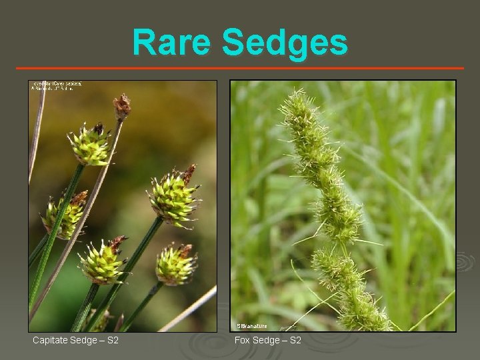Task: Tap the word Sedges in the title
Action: (x=285, y=42)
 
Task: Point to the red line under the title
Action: (x=240, y=68)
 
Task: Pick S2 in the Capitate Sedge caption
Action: (x=113, y=341)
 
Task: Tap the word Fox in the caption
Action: (x=242, y=341)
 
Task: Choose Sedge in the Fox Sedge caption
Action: (x=266, y=341)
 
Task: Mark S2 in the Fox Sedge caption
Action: (x=295, y=341)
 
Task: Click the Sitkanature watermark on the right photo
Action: (x=252, y=326)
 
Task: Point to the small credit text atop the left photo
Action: (x=56, y=86)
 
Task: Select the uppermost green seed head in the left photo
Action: (x=90, y=144)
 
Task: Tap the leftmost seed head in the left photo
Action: (x=64, y=215)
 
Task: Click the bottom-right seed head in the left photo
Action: (x=175, y=264)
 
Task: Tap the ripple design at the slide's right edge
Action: (x=465, y=261)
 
